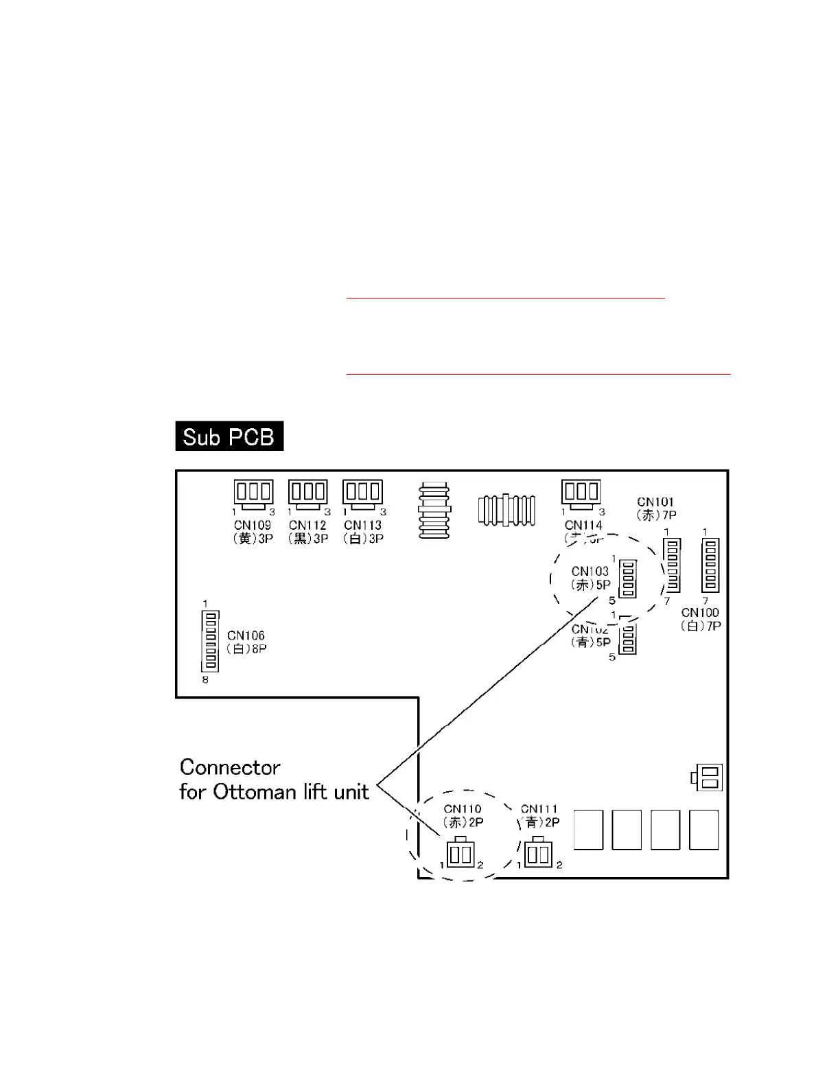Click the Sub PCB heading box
(x=229, y=436)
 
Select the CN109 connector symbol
(x=253, y=493)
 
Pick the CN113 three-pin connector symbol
(x=362, y=493)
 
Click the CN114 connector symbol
(x=581, y=493)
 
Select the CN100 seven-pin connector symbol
(x=710, y=565)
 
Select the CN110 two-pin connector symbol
(x=460, y=853)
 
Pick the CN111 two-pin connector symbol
(x=538, y=853)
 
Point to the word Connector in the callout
(x=230, y=767)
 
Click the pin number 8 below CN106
(x=205, y=680)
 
